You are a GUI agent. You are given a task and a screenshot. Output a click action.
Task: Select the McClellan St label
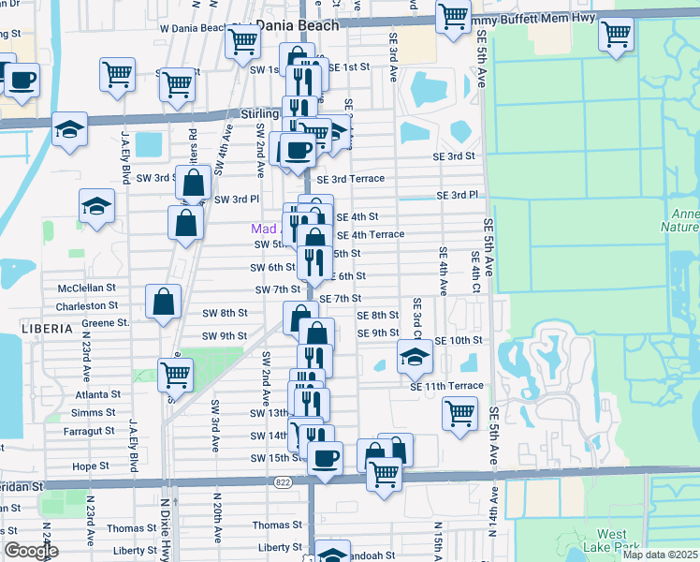[x=86, y=288]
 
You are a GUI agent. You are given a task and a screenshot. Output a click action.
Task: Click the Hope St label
[x=91, y=466]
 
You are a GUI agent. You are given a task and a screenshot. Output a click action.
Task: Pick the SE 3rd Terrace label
[x=351, y=179]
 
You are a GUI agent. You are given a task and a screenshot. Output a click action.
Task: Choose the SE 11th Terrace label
[x=446, y=386]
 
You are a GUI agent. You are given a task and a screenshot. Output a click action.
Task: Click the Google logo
[x=31, y=552]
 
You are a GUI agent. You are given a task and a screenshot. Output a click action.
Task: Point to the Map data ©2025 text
[x=660, y=555]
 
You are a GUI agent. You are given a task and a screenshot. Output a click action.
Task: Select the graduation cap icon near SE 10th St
[x=415, y=355]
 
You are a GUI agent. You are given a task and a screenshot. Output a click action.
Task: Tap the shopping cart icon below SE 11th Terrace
[x=459, y=413]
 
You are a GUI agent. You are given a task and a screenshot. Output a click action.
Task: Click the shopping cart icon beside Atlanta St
[x=176, y=375]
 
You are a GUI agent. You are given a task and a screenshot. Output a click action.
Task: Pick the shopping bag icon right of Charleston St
[x=163, y=302]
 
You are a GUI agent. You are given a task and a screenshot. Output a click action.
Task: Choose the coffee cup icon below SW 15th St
[x=325, y=459]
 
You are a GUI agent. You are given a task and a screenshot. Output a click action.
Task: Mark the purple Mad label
[x=264, y=229]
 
